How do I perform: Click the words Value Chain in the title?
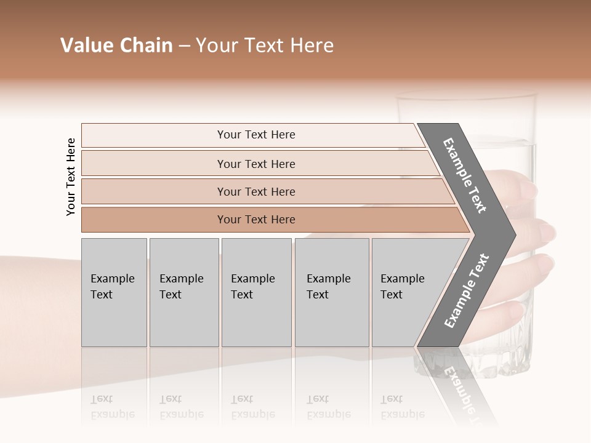[116, 46]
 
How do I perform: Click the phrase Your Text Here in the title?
[265, 46]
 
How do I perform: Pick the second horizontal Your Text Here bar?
[256, 164]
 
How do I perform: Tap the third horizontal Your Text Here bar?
[256, 191]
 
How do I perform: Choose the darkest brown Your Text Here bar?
[256, 220]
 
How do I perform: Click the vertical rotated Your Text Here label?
[71, 177]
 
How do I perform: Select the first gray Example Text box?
[114, 292]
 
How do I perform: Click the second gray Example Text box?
[183, 292]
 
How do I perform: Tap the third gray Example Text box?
[255, 292]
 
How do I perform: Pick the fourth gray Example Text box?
[331, 292]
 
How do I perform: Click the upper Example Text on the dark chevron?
[465, 175]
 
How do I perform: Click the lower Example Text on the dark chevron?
[466, 290]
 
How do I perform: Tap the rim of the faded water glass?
[466, 95]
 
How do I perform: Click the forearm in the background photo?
[37, 308]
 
